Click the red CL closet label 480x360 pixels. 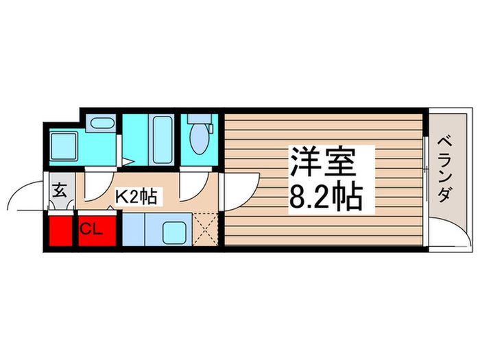92,229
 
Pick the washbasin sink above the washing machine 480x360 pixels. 103,124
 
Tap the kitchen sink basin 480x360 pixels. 174,231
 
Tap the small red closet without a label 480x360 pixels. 60,230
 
